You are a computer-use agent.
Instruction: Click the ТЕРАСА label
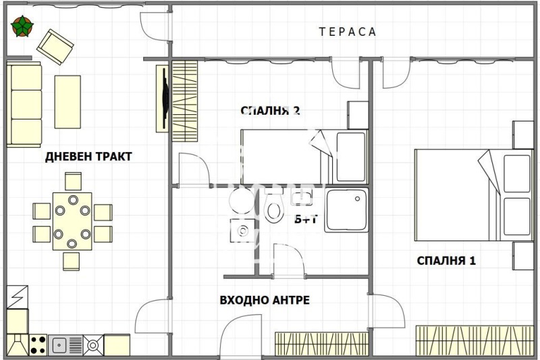click(x=348, y=32)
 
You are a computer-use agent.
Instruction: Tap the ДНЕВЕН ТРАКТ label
click(x=88, y=157)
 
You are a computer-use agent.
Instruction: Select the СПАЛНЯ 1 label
click(x=446, y=261)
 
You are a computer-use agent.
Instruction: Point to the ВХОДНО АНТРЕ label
click(x=265, y=300)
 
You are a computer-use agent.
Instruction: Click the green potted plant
click(x=22, y=27)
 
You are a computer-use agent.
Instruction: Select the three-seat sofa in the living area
click(x=26, y=103)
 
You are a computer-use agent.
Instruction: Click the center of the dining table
click(x=72, y=220)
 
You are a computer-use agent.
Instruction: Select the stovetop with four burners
click(x=37, y=344)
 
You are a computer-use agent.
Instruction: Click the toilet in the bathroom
click(x=274, y=209)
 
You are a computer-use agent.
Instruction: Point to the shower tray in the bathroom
click(x=347, y=211)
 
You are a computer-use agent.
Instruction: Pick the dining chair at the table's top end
click(x=73, y=181)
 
